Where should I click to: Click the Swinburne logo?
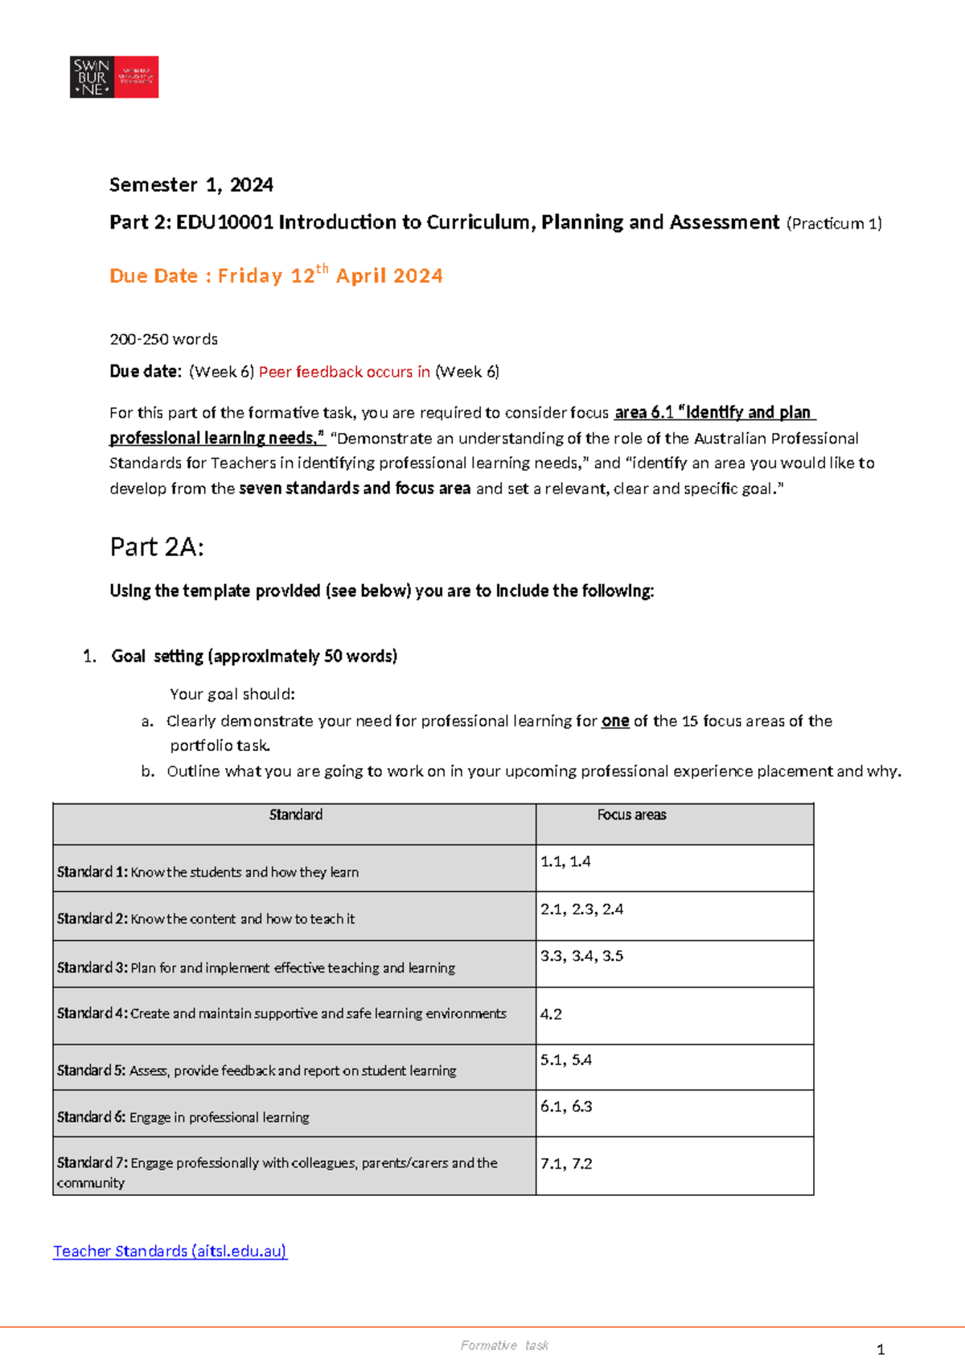[x=114, y=77]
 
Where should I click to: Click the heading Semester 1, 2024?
[x=191, y=185]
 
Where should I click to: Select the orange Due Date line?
[x=276, y=276]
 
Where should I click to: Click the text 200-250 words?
[x=163, y=340]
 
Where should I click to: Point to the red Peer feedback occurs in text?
[x=344, y=372]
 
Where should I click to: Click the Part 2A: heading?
[x=157, y=547]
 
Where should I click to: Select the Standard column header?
[x=295, y=814]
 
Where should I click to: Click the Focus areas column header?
[x=631, y=814]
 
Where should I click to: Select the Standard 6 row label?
[x=183, y=1117]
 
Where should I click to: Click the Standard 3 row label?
[x=256, y=967]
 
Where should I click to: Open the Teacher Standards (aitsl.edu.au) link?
[x=170, y=1252]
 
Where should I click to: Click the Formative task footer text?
[x=504, y=1345]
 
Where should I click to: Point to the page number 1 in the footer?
[x=881, y=1349]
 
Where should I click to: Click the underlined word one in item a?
[x=615, y=721]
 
